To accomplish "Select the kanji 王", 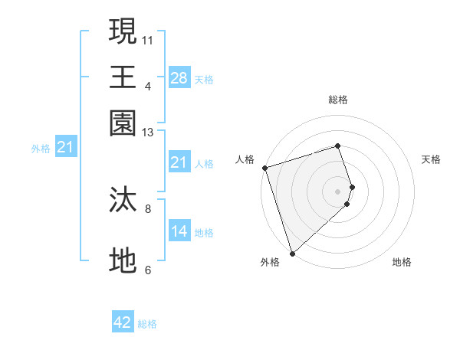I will (123, 77).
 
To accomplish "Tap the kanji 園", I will (123, 122).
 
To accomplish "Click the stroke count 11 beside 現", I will (148, 40).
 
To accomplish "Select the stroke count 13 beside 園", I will (148, 133).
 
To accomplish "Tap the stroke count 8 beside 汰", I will (148, 208).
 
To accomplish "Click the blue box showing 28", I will (179, 78).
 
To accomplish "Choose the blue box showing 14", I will (179, 231).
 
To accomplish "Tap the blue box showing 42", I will (123, 322).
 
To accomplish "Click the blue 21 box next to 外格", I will (65, 148).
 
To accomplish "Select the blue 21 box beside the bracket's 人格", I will (179, 162).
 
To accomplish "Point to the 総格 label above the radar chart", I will (337, 100).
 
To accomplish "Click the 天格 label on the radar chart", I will (431, 159).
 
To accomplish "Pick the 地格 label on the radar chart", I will (402, 263).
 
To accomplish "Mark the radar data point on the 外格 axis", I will (292, 253).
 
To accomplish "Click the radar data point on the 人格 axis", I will (264, 168).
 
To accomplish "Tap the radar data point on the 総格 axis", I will (337, 146).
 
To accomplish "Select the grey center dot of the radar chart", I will (337, 191).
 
